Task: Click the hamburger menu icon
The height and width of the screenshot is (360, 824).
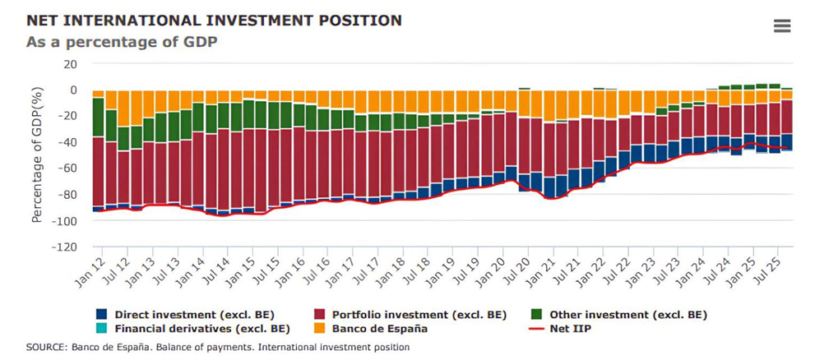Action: [x=782, y=26]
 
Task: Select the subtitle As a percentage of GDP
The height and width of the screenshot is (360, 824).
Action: [x=122, y=41]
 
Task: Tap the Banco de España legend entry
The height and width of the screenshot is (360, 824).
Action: [x=379, y=329]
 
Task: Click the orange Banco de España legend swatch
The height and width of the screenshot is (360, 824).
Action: [x=322, y=329]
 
